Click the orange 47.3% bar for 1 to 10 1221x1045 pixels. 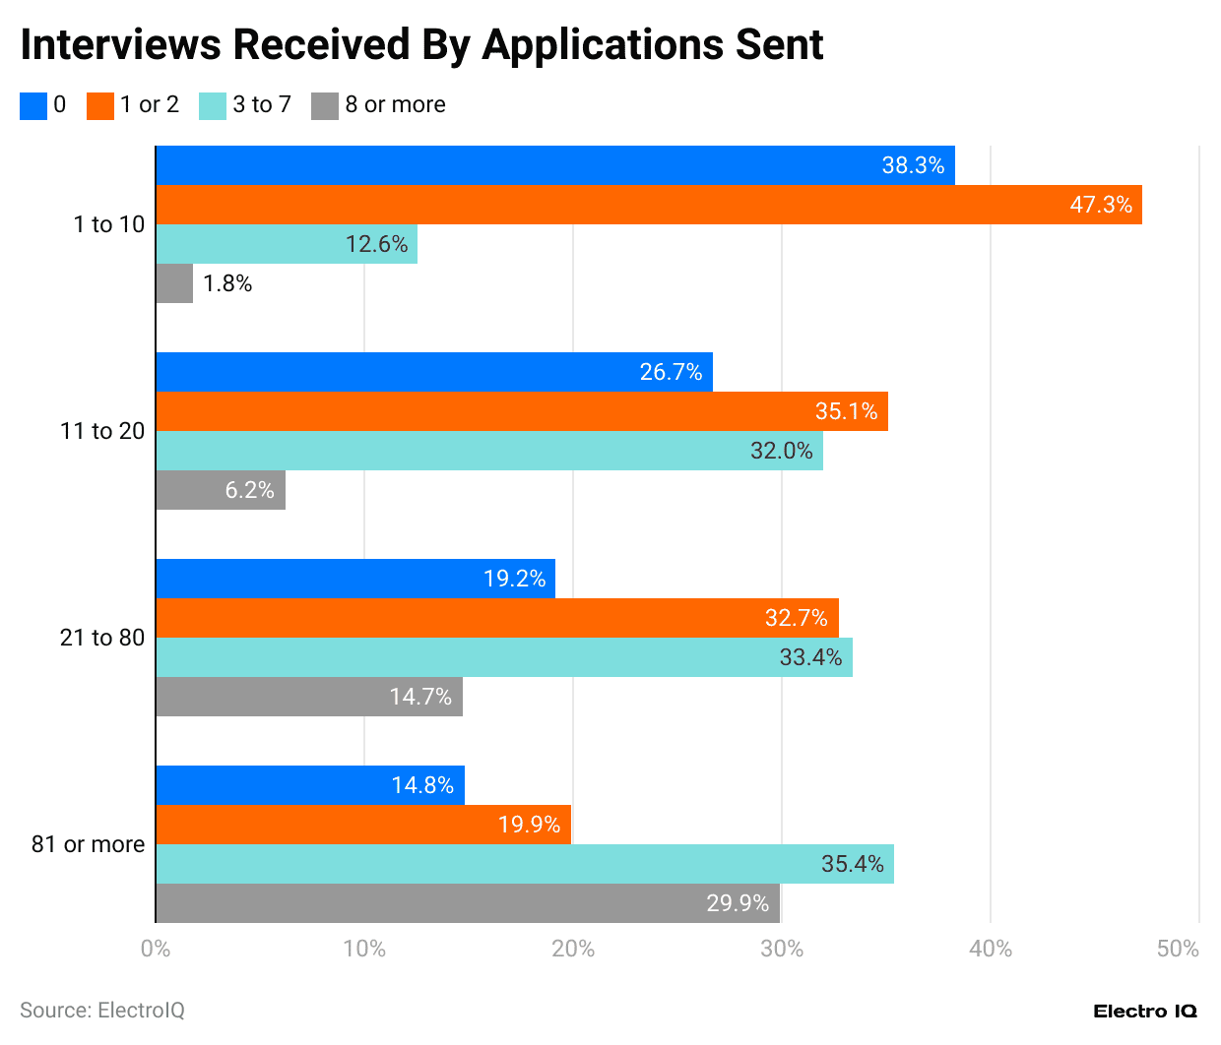click(x=649, y=205)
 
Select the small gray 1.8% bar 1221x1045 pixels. click(x=174, y=283)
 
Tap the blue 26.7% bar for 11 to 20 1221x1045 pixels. click(x=434, y=372)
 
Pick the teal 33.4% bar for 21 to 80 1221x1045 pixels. click(x=504, y=657)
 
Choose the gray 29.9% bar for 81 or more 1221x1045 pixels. click(x=468, y=903)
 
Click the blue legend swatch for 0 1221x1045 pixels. click(x=33, y=105)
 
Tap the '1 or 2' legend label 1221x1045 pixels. click(x=150, y=105)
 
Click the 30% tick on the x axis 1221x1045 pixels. click(x=782, y=949)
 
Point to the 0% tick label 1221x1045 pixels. click(x=156, y=949)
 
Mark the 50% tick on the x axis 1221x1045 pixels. click(x=1178, y=949)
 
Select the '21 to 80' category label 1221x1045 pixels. click(x=102, y=638)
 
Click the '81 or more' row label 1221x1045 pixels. click(x=89, y=844)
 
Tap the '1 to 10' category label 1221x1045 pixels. click(x=109, y=224)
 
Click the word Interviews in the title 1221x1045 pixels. click(x=117, y=45)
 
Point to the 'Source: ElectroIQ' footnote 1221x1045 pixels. click(x=102, y=1011)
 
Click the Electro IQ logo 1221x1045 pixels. click(x=1145, y=1012)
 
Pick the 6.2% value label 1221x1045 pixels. click(x=249, y=490)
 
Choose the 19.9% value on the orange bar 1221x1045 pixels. click(x=529, y=825)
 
